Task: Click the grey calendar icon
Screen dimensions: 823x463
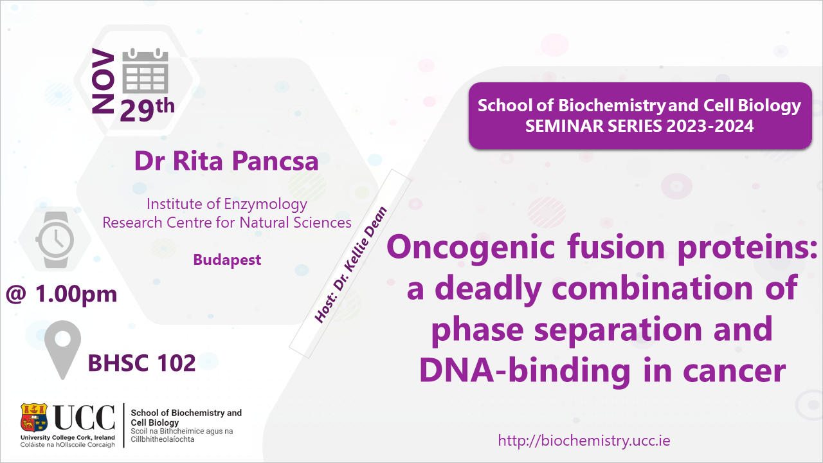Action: (x=145, y=71)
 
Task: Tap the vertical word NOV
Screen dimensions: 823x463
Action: (x=104, y=81)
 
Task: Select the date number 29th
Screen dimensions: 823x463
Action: (x=147, y=109)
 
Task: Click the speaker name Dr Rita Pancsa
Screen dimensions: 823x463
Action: (x=226, y=161)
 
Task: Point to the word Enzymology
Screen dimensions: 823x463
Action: (x=266, y=204)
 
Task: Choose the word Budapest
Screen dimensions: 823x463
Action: (x=227, y=260)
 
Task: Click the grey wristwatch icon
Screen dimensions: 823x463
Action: (x=55, y=240)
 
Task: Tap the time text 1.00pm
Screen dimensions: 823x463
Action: (x=76, y=295)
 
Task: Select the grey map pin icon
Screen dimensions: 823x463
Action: (x=62, y=349)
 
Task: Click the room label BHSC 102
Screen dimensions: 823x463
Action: (x=141, y=363)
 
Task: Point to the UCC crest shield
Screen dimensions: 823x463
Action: (x=34, y=417)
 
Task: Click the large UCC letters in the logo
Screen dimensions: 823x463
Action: (x=84, y=417)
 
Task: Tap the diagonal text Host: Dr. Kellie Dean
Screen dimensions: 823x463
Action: (x=350, y=265)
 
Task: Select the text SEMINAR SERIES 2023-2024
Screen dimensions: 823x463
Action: (x=639, y=126)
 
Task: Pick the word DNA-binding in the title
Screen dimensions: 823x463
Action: (x=525, y=370)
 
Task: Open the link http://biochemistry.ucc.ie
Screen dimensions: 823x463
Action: (x=584, y=440)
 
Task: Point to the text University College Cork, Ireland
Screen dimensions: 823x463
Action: (x=68, y=438)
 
